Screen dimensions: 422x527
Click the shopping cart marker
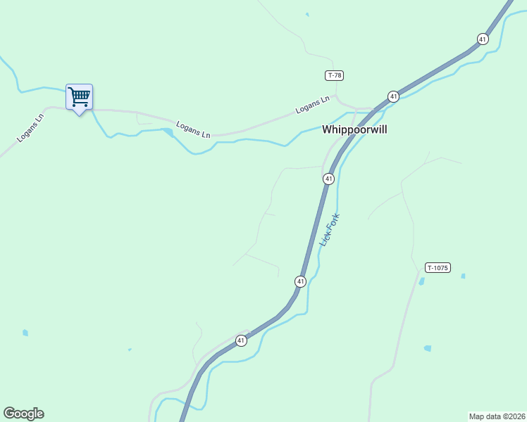click(x=79, y=97)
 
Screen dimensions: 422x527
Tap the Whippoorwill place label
click(x=354, y=129)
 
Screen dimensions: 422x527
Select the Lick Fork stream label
click(x=330, y=229)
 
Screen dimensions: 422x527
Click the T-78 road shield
click(x=334, y=75)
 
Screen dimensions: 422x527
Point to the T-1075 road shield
click(x=437, y=267)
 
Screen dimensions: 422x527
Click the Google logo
click(x=23, y=414)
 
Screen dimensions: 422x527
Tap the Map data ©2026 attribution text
click(x=497, y=416)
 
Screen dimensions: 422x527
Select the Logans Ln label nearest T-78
click(x=313, y=105)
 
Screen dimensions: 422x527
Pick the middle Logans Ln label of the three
click(x=193, y=129)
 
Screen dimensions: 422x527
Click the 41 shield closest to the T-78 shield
click(x=393, y=96)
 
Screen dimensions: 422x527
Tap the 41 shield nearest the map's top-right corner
click(x=482, y=39)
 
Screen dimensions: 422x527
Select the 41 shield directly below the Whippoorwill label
click(x=328, y=179)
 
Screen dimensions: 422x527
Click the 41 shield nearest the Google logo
click(x=241, y=340)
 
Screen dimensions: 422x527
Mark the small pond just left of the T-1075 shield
click(x=422, y=281)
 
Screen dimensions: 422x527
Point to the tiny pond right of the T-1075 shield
click(x=463, y=276)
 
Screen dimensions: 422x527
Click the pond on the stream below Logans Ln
click(x=168, y=132)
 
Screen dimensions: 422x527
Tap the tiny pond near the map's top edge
click(x=307, y=14)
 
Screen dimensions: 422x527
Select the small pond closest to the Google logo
click(x=25, y=333)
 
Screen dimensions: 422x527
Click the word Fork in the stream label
click(x=333, y=220)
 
